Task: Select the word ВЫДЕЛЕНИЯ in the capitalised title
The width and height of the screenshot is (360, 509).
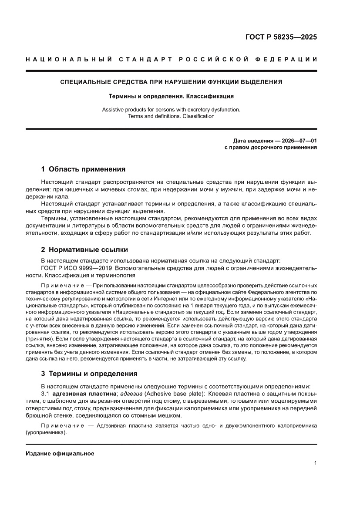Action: coord(260,82)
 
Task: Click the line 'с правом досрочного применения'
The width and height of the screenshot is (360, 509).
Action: coord(270,147)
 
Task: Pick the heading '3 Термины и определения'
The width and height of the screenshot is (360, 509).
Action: coord(89,374)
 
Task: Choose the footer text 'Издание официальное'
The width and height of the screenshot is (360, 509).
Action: coord(60,454)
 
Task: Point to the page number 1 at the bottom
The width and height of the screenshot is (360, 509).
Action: coord(315,463)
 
